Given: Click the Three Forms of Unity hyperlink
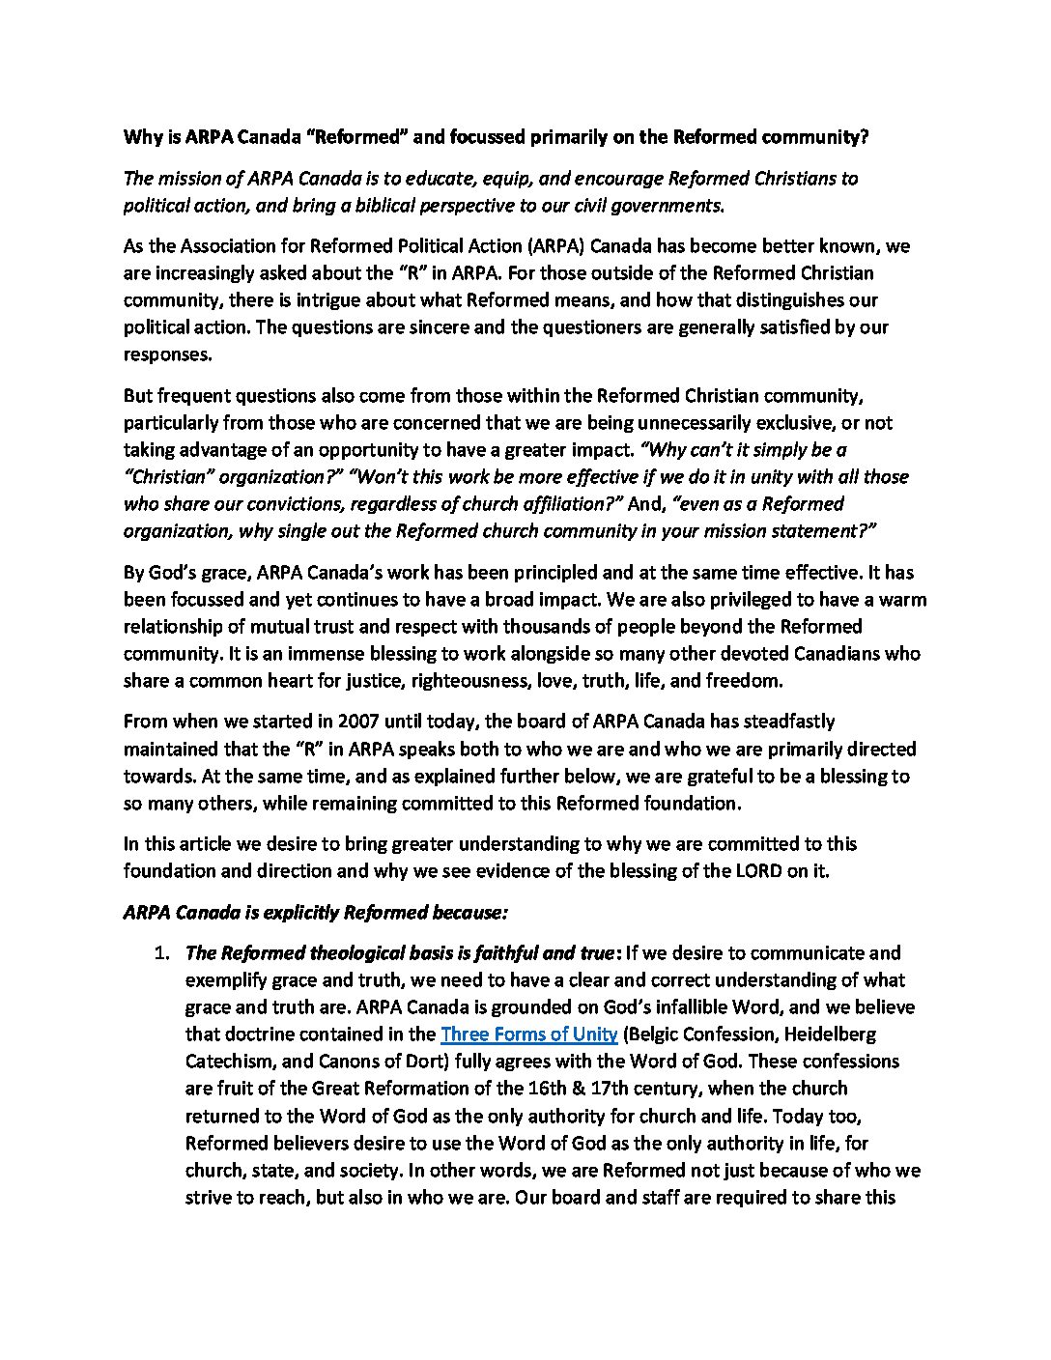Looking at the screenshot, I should [x=528, y=1034].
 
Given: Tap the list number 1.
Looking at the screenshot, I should [x=161, y=953].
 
